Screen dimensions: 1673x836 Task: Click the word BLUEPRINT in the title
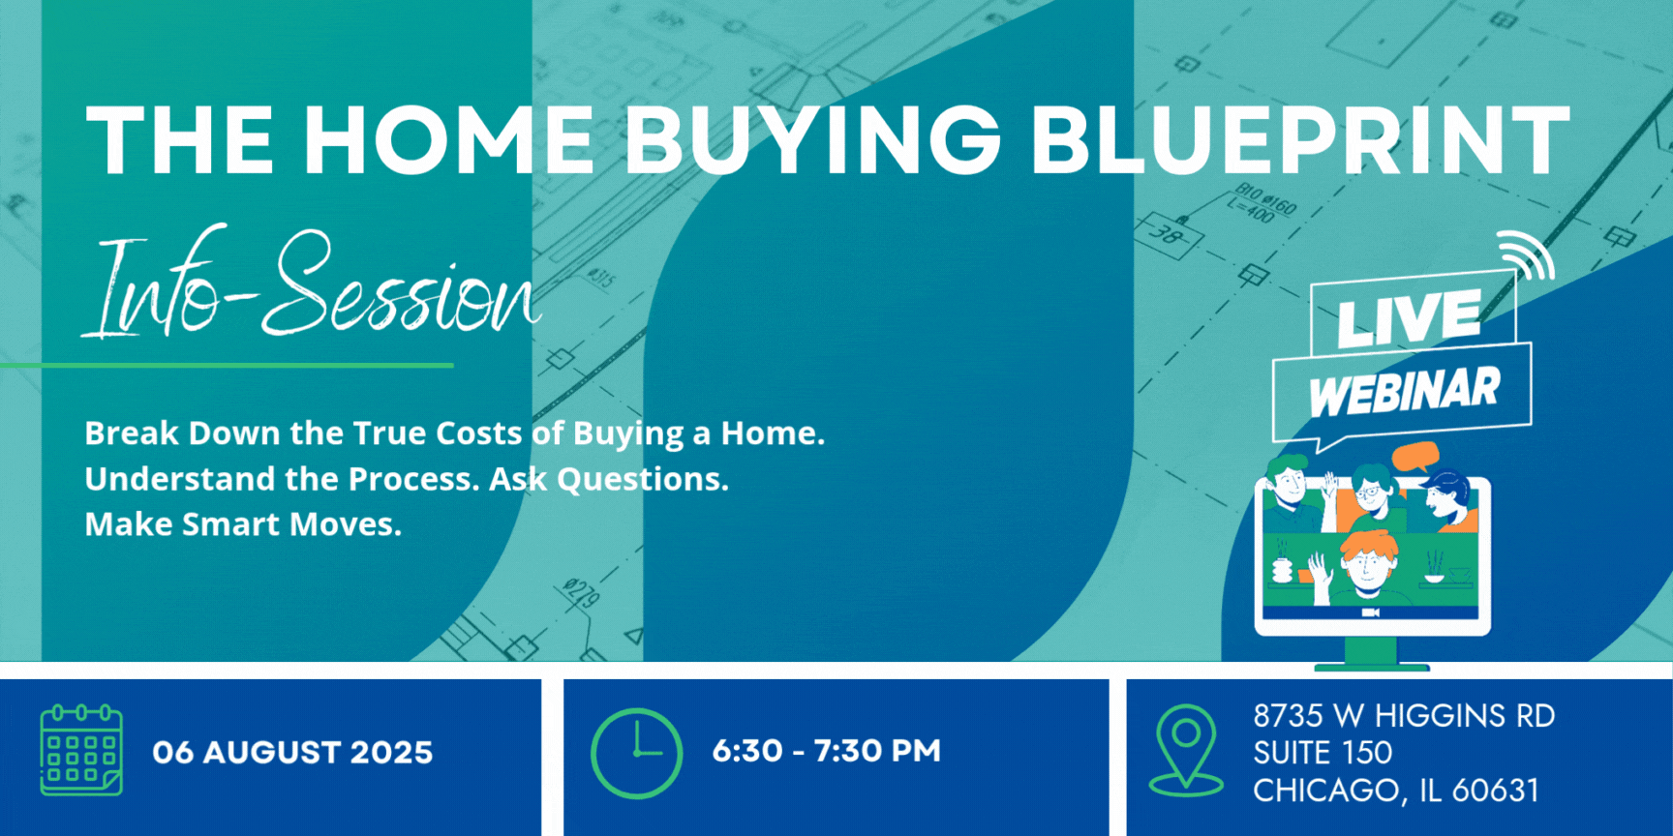tap(1299, 139)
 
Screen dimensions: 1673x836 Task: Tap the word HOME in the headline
tap(449, 139)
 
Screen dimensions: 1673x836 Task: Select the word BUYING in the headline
tap(812, 139)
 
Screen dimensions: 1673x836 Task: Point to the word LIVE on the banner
tap(1410, 317)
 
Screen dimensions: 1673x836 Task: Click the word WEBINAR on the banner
tap(1404, 391)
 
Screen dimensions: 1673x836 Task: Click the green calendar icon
tap(81, 750)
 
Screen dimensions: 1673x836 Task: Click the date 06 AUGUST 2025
tap(292, 752)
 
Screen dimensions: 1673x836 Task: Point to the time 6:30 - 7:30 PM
tap(826, 751)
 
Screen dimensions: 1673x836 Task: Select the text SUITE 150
tap(1323, 753)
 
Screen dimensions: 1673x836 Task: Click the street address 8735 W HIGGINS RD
tap(1404, 716)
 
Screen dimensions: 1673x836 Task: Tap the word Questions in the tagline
tap(643, 479)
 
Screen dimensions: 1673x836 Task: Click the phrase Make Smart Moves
tap(243, 524)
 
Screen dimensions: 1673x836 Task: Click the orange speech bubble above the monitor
tap(1415, 457)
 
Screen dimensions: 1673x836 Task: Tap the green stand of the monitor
tap(1371, 654)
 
